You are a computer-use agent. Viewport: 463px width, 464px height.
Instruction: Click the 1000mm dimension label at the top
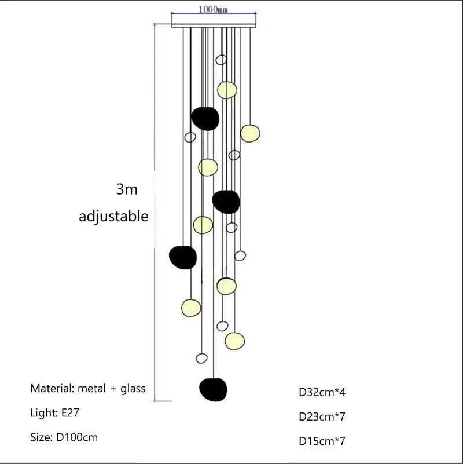214,9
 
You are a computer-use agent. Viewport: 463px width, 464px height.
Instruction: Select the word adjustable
114,217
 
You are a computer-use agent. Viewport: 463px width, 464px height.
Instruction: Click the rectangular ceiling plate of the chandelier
214,24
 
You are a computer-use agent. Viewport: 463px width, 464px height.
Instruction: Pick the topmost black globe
205,118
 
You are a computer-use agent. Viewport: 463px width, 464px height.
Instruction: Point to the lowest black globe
213,389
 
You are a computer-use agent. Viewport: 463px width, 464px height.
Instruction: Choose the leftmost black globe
183,257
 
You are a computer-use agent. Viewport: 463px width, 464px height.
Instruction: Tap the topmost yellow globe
227,90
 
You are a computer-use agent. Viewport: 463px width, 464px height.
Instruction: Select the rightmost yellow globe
251,133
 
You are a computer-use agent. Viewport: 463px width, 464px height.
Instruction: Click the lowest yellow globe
234,340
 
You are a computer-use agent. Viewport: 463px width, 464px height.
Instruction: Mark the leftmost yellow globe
190,306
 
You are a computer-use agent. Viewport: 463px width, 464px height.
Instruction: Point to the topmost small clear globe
221,60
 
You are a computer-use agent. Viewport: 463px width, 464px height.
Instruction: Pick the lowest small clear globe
201,358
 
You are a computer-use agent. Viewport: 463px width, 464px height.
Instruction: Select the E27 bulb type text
69,413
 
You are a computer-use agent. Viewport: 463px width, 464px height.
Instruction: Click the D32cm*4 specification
322,392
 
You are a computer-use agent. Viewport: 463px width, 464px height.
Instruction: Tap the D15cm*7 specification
322,441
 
